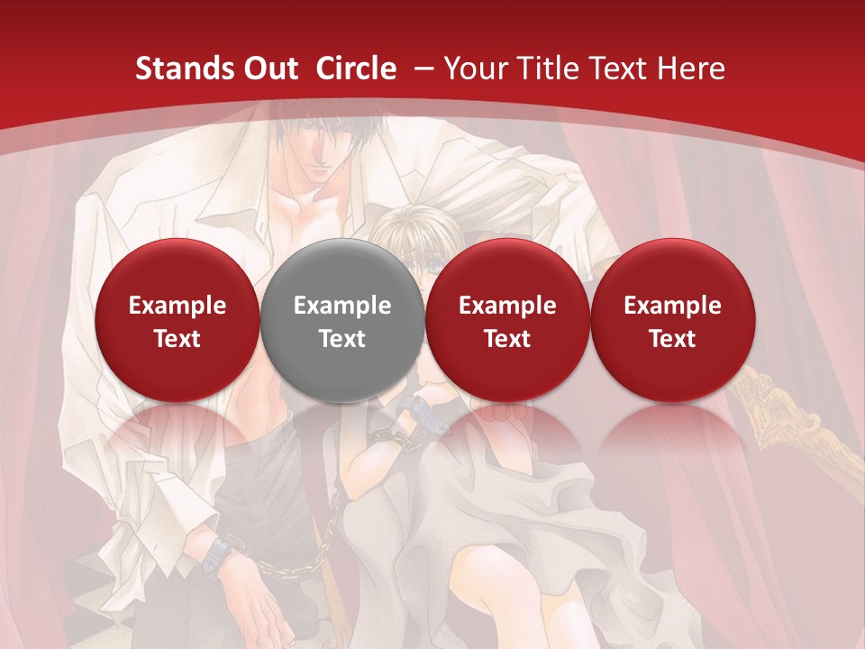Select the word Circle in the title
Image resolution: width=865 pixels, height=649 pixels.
pos(356,69)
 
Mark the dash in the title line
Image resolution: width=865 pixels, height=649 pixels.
pos(422,69)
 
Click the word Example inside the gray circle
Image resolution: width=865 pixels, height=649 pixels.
pos(342,306)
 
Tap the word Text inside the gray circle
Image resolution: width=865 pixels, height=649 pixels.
pos(342,339)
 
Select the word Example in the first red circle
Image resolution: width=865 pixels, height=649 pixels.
pos(177,306)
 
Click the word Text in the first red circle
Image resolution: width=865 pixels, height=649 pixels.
pos(177,339)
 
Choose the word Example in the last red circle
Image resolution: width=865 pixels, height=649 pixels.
pos(672,306)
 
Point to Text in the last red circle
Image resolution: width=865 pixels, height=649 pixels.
pos(672,339)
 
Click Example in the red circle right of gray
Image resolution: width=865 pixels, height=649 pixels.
pos(507,306)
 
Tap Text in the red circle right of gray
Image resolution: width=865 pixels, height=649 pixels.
pos(507,339)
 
